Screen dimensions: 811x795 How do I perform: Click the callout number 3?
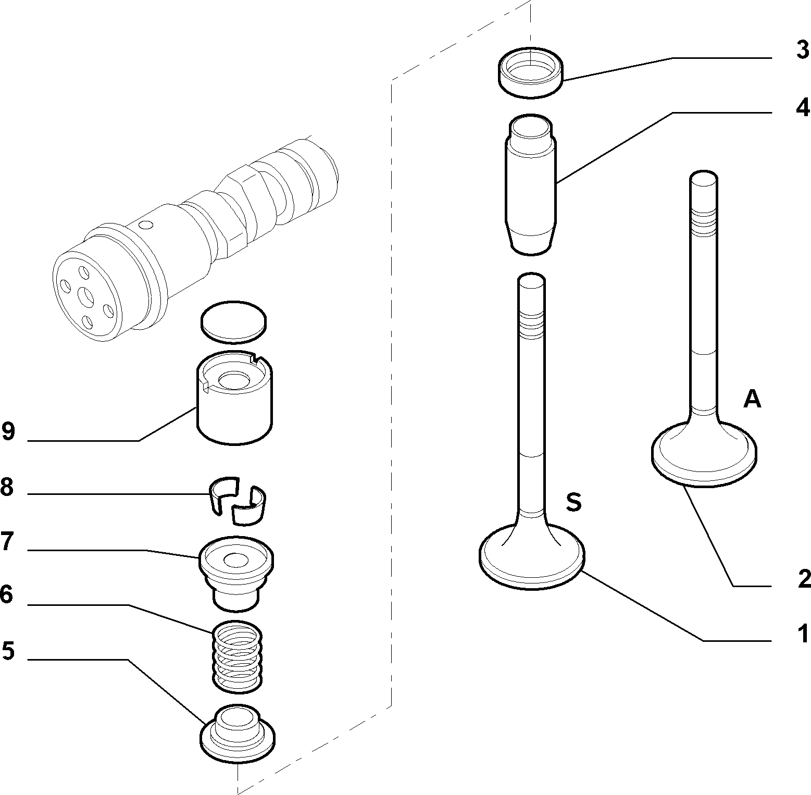click(x=803, y=51)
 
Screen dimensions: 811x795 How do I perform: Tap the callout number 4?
click(x=803, y=107)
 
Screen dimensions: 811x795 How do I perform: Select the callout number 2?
click(x=804, y=579)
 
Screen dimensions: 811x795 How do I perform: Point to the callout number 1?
click(x=804, y=633)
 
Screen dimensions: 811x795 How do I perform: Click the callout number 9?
click(x=8, y=432)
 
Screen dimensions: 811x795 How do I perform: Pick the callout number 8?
click(x=7, y=488)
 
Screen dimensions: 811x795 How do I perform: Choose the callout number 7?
click(x=7, y=542)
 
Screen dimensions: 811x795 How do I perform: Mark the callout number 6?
click(x=6, y=594)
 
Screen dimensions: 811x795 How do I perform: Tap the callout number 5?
click(x=8, y=651)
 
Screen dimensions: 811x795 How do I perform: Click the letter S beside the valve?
click(x=573, y=502)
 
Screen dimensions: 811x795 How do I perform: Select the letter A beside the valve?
click(x=752, y=399)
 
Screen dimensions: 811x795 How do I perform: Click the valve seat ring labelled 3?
click(x=531, y=72)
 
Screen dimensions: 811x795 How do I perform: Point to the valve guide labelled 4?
click(x=530, y=184)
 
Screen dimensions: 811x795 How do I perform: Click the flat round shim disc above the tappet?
click(x=234, y=322)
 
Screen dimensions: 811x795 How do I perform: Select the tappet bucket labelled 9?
click(x=234, y=398)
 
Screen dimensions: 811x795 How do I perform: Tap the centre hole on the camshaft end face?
click(x=85, y=297)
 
